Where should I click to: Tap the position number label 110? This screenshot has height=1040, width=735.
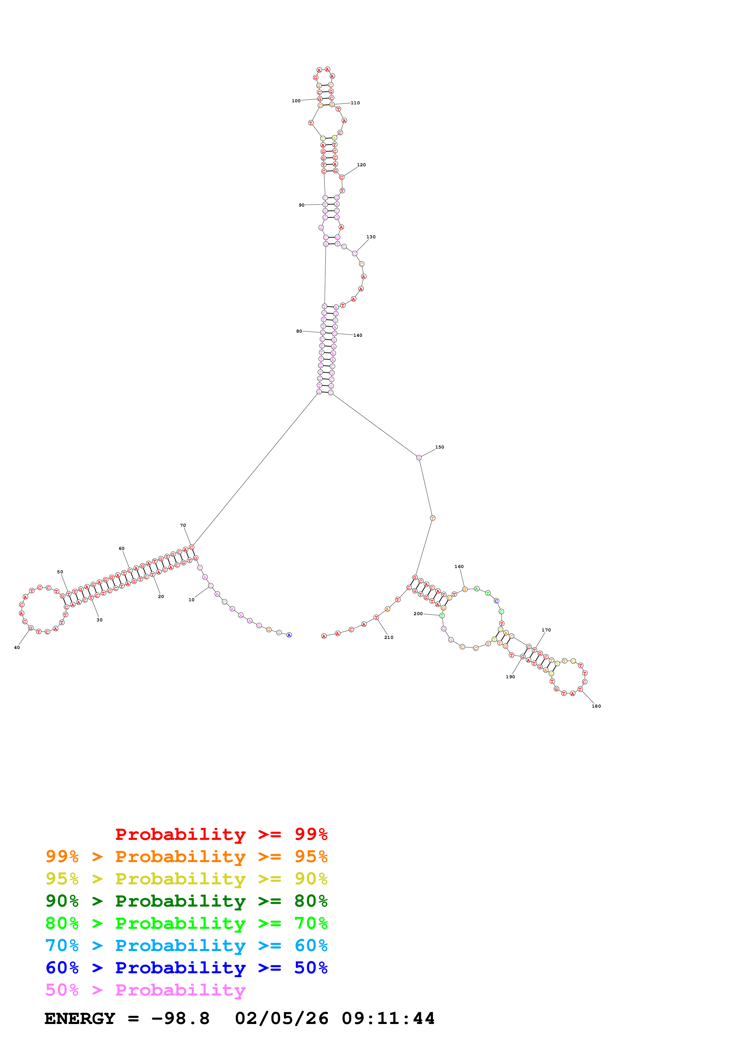click(x=355, y=103)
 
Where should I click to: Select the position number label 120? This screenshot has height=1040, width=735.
click(x=361, y=165)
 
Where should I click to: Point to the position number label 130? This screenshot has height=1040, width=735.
click(x=371, y=237)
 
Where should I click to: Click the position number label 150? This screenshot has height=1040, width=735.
click(x=440, y=447)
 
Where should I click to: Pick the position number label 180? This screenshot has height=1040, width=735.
click(x=597, y=706)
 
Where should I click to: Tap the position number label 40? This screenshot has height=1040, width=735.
click(x=17, y=648)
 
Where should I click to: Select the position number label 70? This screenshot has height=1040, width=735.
click(x=183, y=525)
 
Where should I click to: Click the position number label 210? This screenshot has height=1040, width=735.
click(x=389, y=637)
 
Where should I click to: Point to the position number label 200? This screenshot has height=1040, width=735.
click(x=418, y=614)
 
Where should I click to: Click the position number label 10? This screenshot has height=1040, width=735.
click(x=192, y=600)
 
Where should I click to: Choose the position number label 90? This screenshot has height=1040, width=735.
click(x=302, y=205)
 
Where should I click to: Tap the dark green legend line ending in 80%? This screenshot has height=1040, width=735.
click(x=186, y=901)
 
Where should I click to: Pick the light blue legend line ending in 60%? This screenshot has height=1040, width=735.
click(x=186, y=945)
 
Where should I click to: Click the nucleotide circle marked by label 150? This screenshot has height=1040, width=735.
click(x=419, y=457)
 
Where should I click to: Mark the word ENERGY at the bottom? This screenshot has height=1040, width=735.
click(x=80, y=1019)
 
